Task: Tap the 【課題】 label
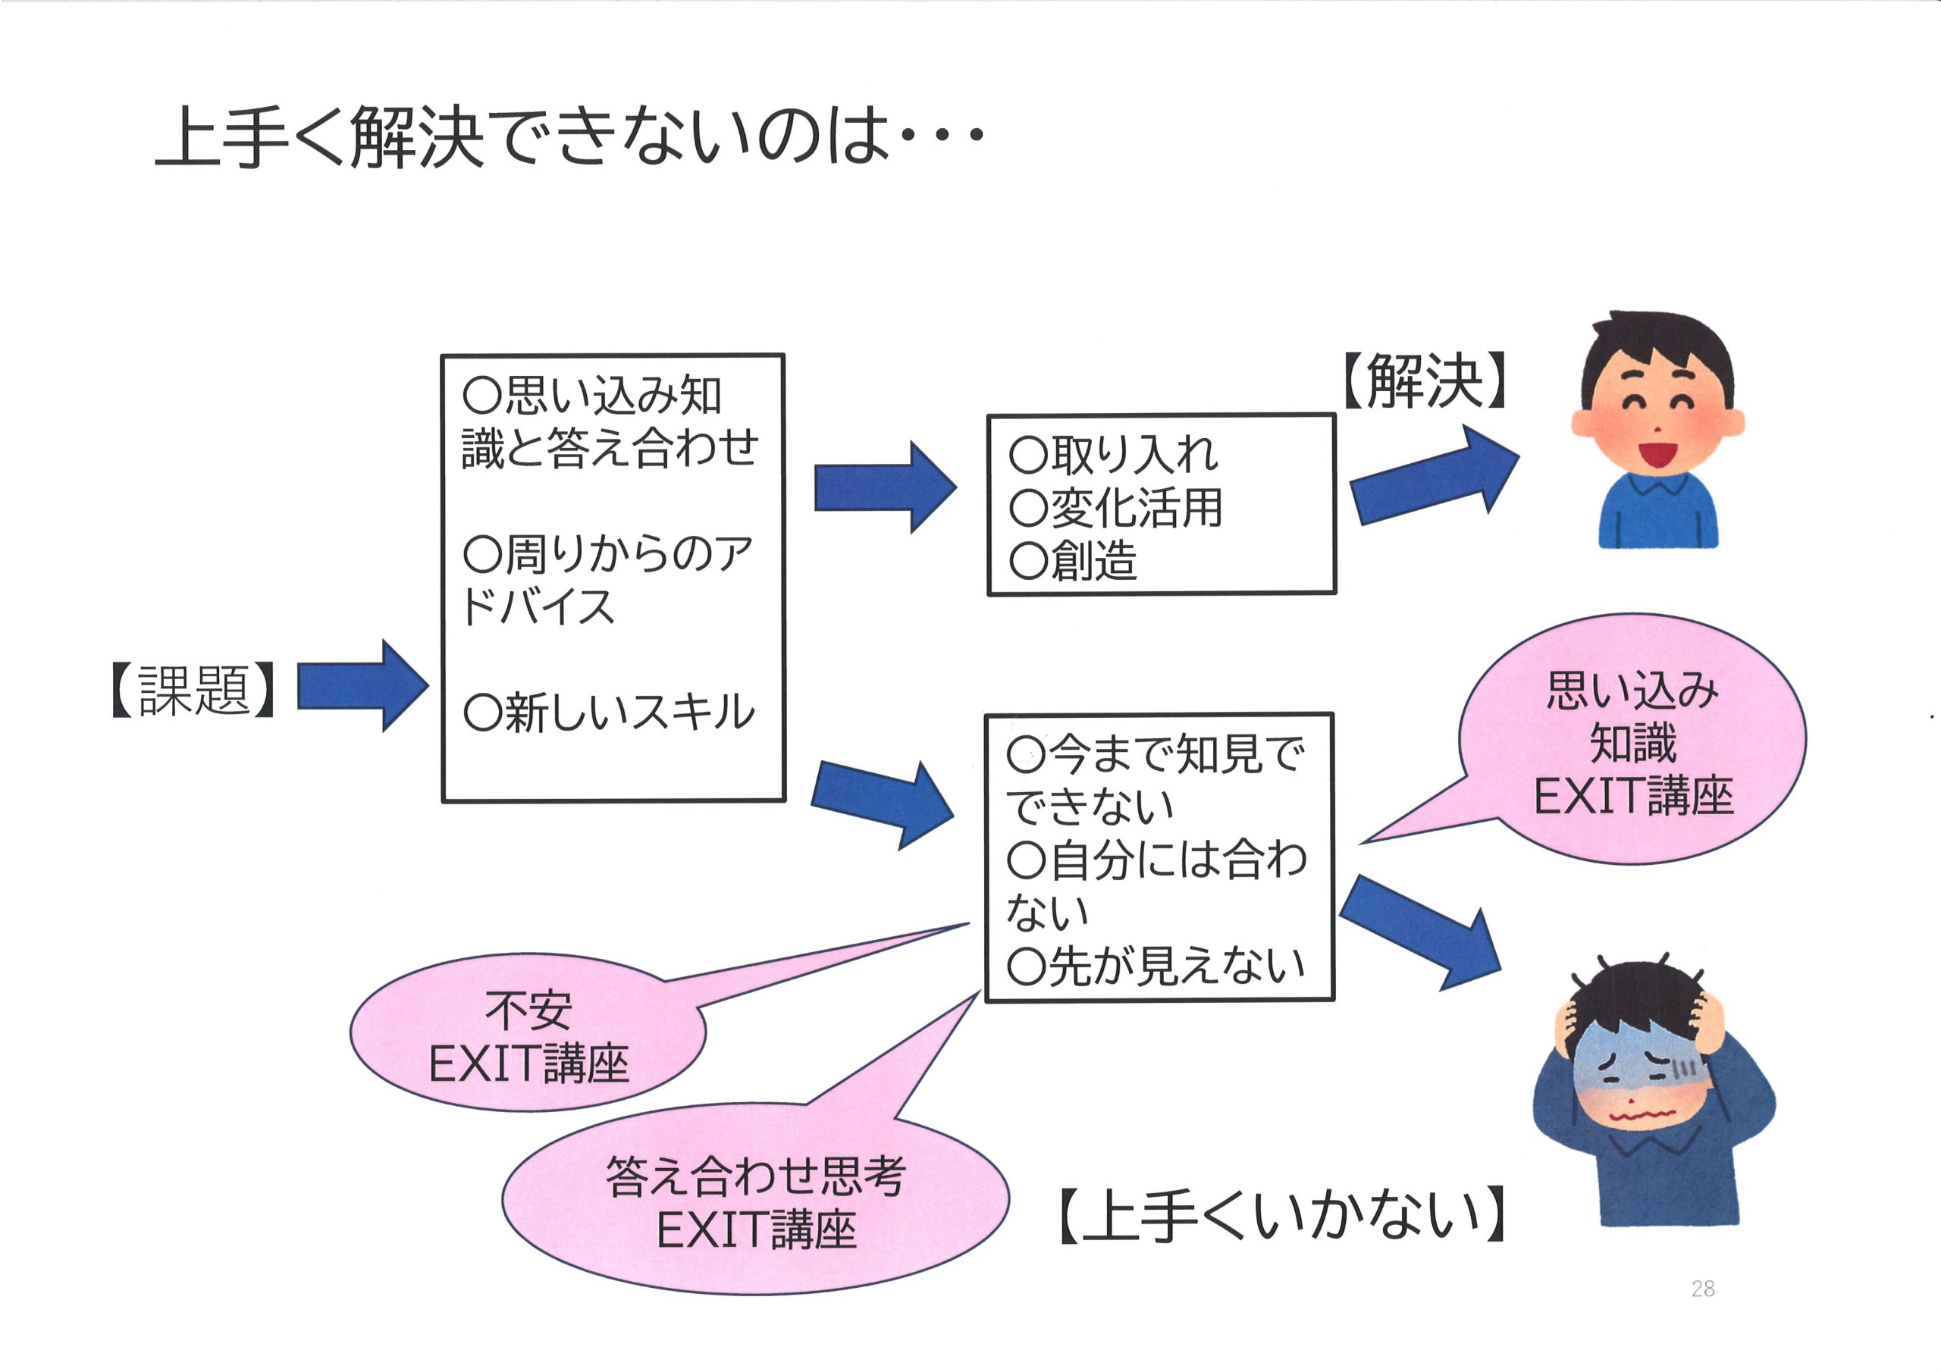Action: tap(193, 690)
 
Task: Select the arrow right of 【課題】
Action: tap(362, 685)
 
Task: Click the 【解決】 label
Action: tap(1425, 381)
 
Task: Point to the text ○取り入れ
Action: tap(1113, 455)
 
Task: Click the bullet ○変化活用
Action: tap(1116, 508)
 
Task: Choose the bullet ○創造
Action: tap(1073, 560)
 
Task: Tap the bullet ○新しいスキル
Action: tap(609, 712)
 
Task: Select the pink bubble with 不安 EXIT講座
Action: tap(528, 1032)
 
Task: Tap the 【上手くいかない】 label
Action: tap(1281, 1215)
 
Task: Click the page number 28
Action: tap(1703, 1289)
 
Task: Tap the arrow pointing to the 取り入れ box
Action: tap(885, 487)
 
